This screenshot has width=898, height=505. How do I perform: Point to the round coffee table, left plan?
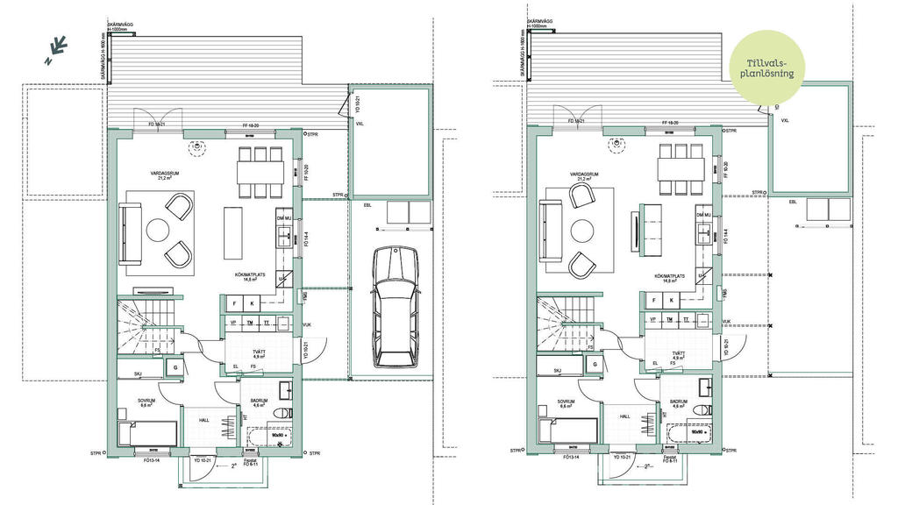pyautogui.click(x=158, y=231)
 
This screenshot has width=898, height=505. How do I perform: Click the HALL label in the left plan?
pyautogui.click(x=204, y=420)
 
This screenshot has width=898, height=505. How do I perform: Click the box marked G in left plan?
pyautogui.click(x=175, y=367)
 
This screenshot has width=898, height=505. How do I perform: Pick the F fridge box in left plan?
pyautogui.click(x=234, y=302)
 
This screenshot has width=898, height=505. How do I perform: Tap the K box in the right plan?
pyautogui.click(x=673, y=301)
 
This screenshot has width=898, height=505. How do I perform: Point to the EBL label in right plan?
pyautogui.click(x=794, y=202)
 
